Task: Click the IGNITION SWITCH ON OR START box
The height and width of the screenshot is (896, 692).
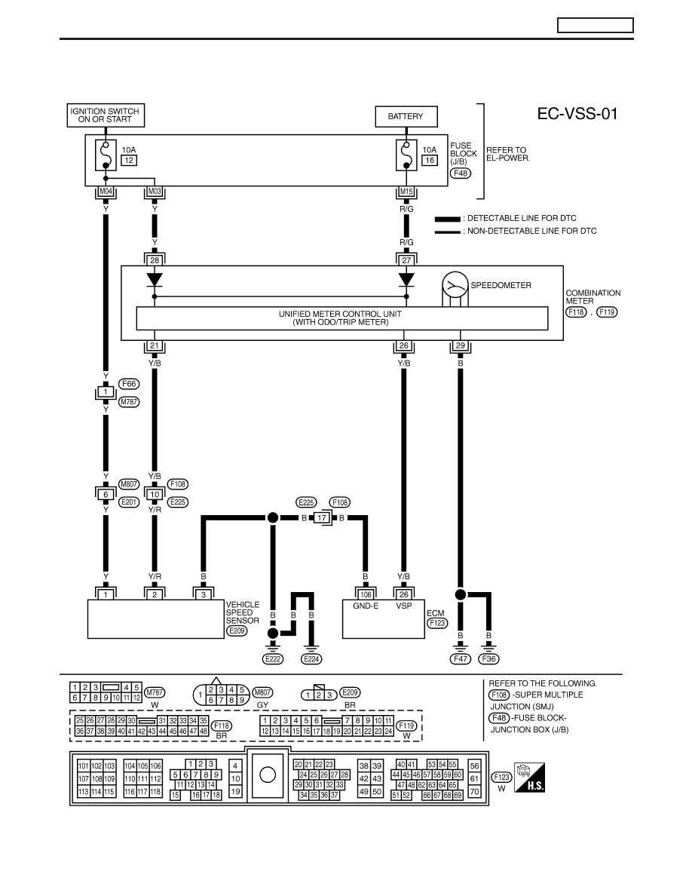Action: pos(106,115)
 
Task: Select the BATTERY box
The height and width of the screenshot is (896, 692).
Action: pos(406,116)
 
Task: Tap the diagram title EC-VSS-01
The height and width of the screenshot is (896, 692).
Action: pos(577,114)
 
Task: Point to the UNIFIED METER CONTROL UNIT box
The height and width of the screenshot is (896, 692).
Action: pos(342,318)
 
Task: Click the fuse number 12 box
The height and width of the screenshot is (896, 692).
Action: pos(128,161)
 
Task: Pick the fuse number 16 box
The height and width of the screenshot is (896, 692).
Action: pos(430,161)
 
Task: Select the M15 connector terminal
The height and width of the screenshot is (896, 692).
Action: pos(406,192)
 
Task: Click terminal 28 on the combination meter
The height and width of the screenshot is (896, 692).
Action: pos(155,260)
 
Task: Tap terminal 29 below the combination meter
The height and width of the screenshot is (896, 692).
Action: pos(460,345)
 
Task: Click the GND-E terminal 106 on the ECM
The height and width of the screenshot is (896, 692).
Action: pos(366,595)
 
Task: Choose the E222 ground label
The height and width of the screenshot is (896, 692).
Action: pos(273,659)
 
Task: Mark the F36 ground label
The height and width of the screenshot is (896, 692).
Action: pos(488,659)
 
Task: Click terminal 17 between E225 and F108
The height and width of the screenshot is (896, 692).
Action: pos(322,518)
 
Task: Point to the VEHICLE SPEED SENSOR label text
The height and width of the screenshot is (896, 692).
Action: pos(243,612)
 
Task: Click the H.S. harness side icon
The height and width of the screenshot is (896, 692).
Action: pos(529,777)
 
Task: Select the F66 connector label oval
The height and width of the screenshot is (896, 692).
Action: pos(129,384)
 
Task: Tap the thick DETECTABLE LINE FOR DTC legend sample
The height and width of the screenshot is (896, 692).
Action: pos(447,219)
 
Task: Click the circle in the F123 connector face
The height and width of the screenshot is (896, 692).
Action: pos(268,775)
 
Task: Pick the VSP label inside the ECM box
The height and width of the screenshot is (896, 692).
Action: pos(404,606)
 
